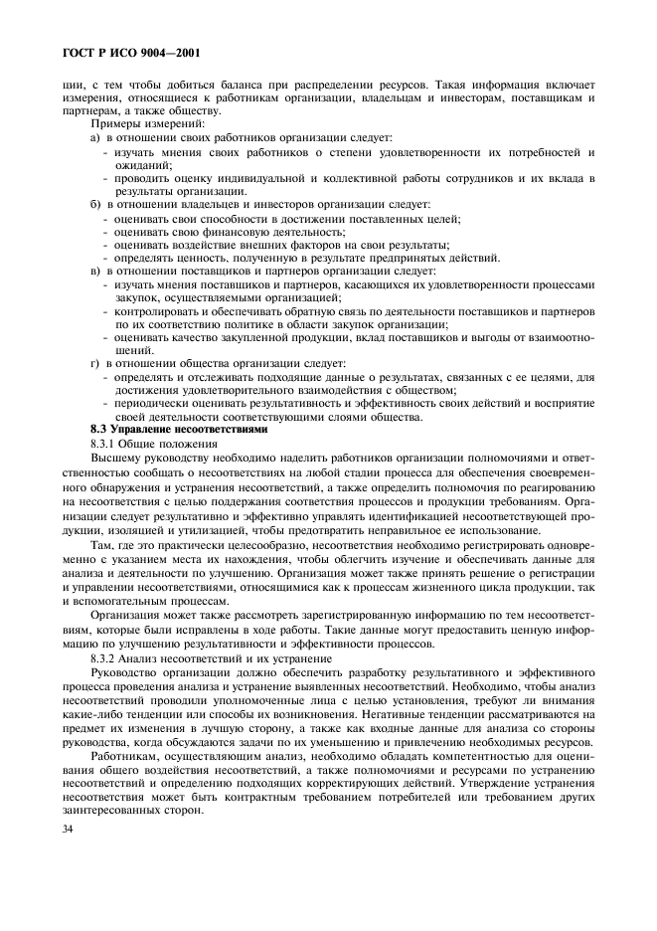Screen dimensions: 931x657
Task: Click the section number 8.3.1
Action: tap(105, 443)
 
